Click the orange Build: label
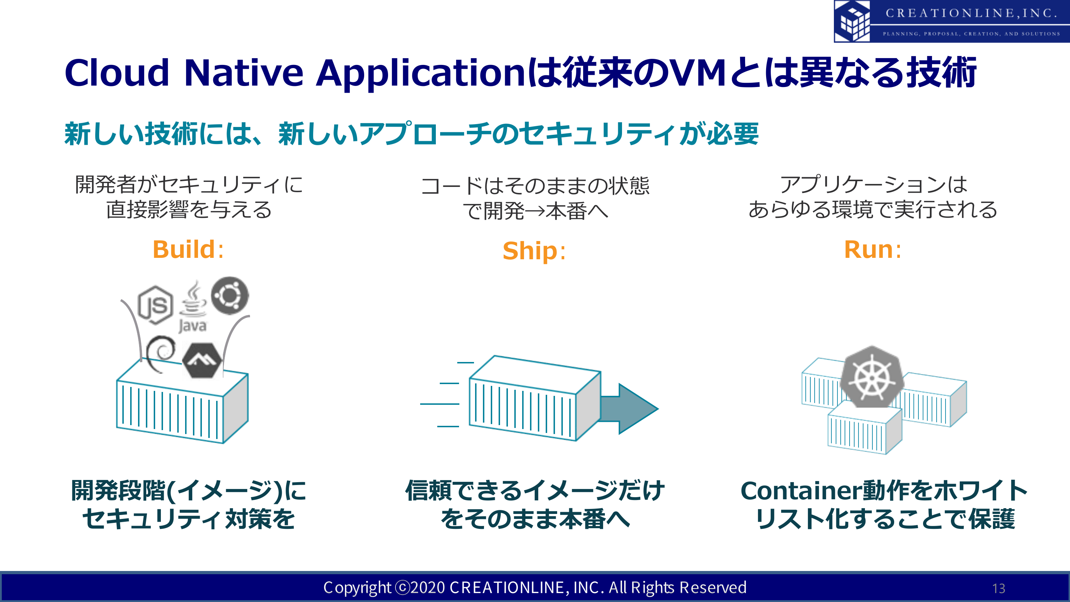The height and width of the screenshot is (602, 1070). (188, 249)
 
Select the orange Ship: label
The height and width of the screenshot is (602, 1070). (534, 251)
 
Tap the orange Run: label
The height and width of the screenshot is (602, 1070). (873, 249)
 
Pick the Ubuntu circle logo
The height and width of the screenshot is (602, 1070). (230, 295)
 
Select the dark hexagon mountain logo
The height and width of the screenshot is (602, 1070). (202, 360)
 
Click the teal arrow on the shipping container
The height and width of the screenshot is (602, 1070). (629, 409)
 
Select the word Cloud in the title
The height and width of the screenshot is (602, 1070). (117, 73)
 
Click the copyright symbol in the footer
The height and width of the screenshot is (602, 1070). (402, 587)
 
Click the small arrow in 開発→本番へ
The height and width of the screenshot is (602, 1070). (535, 211)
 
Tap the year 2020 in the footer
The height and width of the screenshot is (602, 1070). (428, 587)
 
